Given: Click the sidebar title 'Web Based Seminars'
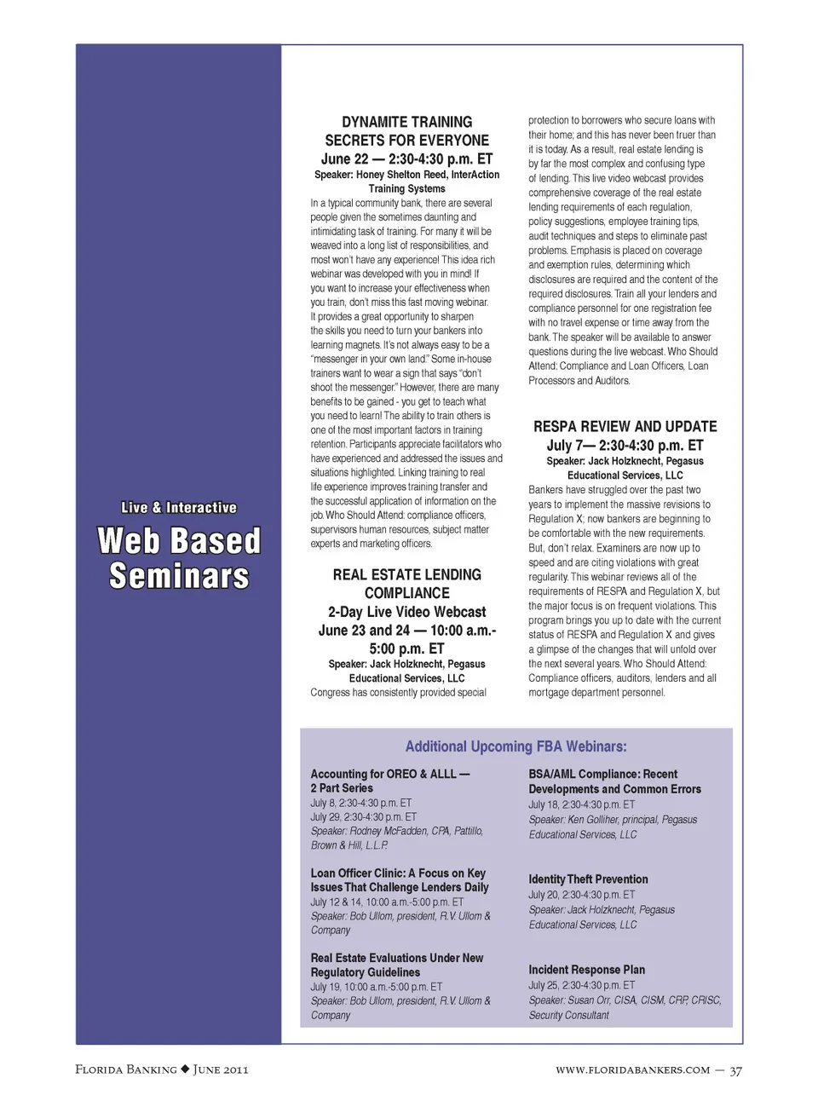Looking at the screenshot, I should point(178,558).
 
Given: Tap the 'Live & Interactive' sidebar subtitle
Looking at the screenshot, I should point(178,508).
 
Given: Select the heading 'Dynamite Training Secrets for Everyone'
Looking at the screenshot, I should point(406,131).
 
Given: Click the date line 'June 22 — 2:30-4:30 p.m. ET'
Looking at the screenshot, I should point(406,159).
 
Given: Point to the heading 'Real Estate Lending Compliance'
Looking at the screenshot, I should point(406,584).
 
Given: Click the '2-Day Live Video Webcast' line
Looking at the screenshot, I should point(406,612).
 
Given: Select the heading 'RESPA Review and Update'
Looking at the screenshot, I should point(625,427).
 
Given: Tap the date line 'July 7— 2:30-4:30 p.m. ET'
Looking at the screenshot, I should point(625,446).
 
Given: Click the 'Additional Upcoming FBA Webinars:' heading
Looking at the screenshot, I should point(516,746).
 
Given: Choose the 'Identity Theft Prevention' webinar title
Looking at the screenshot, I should point(588,879).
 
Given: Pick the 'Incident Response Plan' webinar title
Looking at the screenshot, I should point(586,970).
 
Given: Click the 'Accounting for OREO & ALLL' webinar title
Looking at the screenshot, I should point(389,775).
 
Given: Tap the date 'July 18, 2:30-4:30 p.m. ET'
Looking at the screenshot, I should point(581,804).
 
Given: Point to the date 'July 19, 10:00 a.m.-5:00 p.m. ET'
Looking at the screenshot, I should point(376,987).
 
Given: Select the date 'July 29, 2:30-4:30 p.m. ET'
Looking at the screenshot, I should point(363,817).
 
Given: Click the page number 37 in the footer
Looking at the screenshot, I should point(735,1070).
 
